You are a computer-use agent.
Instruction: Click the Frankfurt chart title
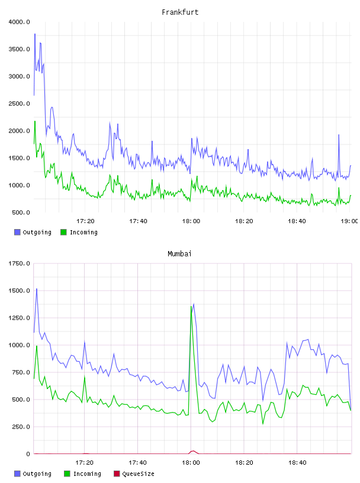[x=180, y=12]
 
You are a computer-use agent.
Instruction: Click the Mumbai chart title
[x=179, y=254]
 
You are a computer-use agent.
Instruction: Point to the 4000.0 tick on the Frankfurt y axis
[x=19, y=22]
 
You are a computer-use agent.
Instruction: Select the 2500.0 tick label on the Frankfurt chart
[x=19, y=104]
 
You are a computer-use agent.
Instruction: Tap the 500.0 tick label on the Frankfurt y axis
[x=21, y=212]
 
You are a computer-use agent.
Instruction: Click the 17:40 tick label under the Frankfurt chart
[x=138, y=221]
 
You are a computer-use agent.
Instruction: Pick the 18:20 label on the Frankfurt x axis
[x=244, y=221]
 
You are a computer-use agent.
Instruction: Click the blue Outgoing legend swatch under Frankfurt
[x=17, y=232]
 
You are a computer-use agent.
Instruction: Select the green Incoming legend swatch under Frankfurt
[x=63, y=232]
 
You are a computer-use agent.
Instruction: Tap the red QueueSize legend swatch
[x=117, y=474]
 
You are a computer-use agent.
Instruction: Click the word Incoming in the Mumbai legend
[x=87, y=474]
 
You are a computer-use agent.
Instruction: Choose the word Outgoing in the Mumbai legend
[x=37, y=474]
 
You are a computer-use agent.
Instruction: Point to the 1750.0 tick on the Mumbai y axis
[x=19, y=263]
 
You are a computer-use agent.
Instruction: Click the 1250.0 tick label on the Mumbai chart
[x=19, y=318]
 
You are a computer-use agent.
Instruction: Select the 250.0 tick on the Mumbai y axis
[x=21, y=427]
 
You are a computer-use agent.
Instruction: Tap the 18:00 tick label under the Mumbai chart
[x=191, y=462]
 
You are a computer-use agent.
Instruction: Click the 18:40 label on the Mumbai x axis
[x=297, y=462]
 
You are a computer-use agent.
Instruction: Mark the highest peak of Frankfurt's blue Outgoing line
[x=35, y=34]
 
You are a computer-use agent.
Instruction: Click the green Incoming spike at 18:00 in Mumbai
[x=191, y=307]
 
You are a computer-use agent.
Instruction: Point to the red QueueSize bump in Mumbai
[x=193, y=451]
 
